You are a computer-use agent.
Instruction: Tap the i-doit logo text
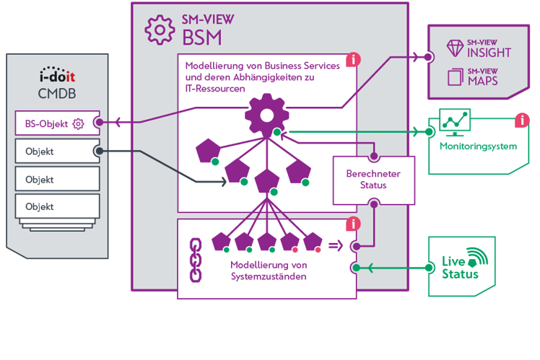coord(57,76)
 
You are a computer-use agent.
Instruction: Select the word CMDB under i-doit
coord(56,92)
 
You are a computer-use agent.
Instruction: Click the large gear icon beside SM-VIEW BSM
coord(159,30)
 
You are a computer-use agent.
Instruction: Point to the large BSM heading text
coord(201,36)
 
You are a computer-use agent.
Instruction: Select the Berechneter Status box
coord(372,180)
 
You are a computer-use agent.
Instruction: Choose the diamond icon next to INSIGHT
coord(456,48)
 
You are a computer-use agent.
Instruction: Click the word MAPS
coord(483,80)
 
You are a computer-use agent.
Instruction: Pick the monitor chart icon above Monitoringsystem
coord(455,122)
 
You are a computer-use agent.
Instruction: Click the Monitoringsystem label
coord(478,147)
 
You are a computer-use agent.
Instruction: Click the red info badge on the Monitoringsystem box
coord(521,120)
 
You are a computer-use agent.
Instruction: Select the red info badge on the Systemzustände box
coord(352,224)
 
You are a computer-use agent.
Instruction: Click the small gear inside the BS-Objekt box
coord(78,124)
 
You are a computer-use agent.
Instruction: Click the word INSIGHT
coord(489,53)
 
